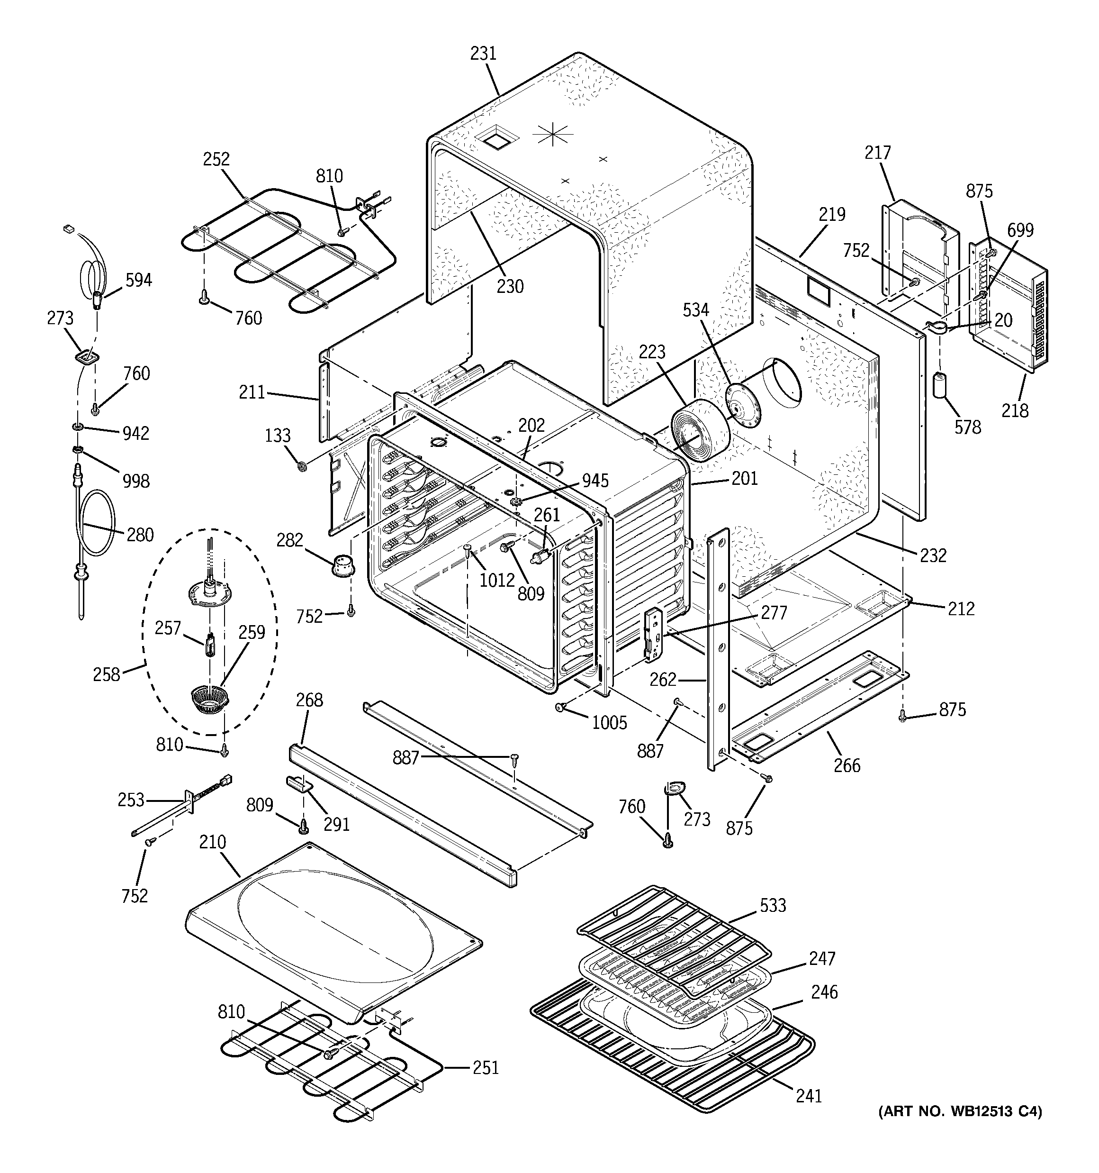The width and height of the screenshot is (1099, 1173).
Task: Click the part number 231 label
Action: coord(483,54)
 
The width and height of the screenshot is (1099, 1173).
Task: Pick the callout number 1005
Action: coord(609,722)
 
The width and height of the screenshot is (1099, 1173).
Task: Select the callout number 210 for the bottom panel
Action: coord(212,842)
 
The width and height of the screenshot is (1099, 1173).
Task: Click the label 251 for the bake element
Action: coord(486,1067)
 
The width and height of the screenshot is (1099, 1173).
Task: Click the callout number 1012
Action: coord(497,580)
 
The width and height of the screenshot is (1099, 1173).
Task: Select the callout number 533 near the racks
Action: coord(773,905)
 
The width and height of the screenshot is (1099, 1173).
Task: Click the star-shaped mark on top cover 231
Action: coord(553,135)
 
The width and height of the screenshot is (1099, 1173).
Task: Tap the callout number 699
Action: coord(1020,230)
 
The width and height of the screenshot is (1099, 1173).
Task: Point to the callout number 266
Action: coord(847,765)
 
